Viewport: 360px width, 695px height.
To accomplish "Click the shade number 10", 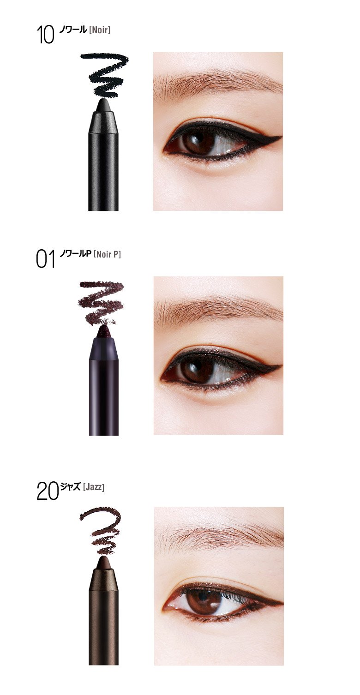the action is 45,35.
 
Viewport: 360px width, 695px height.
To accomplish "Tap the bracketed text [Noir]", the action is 100,30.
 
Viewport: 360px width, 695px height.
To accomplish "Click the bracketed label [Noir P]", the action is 107,254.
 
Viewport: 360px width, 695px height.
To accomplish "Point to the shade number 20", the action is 48,491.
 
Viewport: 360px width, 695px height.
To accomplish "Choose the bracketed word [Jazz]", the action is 94,487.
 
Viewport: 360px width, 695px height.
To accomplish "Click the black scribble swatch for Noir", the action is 105,75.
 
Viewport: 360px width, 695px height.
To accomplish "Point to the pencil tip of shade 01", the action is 104,333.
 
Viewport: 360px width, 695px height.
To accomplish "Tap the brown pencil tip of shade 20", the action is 104,563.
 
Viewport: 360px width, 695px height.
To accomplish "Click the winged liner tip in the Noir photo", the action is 281,137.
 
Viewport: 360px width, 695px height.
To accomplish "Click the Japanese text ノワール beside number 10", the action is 72,30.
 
